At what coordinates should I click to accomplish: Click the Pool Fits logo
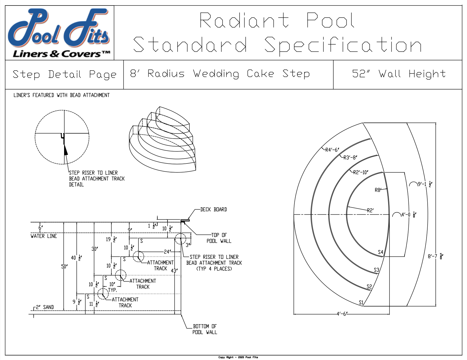(59, 33)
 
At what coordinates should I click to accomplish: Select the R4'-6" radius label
(332, 150)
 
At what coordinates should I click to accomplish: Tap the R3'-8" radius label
(350, 158)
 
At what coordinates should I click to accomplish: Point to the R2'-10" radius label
(361, 172)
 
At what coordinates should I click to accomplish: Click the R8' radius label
(378, 190)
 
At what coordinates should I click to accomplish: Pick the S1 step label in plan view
(361, 303)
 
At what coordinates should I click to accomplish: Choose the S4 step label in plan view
(380, 252)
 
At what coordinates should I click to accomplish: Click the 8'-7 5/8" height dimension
(435, 256)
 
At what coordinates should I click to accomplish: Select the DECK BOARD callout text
(213, 210)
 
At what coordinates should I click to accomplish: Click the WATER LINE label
(44, 236)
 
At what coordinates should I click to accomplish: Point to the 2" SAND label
(45, 307)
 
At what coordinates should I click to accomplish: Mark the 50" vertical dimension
(64, 267)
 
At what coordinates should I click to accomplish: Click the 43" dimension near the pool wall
(174, 271)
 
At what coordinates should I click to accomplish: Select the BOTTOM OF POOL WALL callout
(205, 329)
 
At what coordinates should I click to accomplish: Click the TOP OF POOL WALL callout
(219, 238)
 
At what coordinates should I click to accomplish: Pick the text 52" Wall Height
(399, 74)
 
